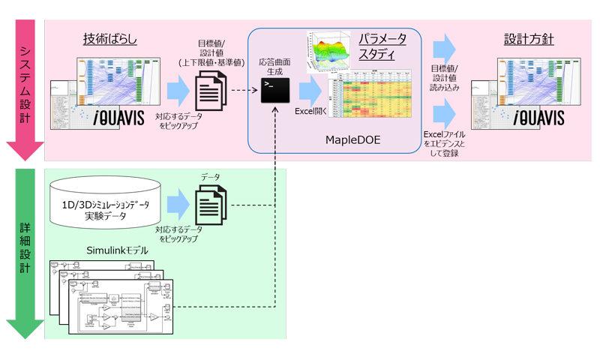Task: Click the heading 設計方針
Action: [529, 38]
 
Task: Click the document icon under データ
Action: [211, 203]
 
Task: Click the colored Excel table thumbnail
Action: [371, 94]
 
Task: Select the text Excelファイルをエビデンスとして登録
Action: [445, 142]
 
